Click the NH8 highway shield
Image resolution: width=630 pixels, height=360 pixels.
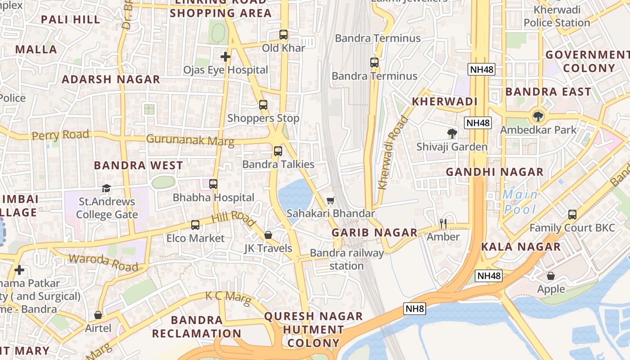(x=415, y=309)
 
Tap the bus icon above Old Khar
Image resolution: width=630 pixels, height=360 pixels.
(x=283, y=35)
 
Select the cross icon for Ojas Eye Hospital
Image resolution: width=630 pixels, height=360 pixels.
(x=225, y=57)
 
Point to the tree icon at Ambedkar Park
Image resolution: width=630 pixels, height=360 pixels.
(x=538, y=117)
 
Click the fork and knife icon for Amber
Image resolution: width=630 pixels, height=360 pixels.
(x=443, y=223)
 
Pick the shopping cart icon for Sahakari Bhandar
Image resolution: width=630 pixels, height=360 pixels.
(x=331, y=200)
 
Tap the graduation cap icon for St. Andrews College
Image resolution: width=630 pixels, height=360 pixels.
(x=106, y=188)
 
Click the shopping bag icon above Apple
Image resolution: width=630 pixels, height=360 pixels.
(x=551, y=275)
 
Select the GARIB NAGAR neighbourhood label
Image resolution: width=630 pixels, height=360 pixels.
(x=374, y=233)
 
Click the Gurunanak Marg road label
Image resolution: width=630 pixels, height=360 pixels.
(x=190, y=140)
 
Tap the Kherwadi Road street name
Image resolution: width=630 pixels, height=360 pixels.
(x=392, y=153)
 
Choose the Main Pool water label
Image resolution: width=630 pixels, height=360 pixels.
(x=520, y=202)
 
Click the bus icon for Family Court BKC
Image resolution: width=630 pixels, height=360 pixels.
(x=572, y=214)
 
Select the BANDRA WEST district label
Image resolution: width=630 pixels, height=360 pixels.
(x=139, y=165)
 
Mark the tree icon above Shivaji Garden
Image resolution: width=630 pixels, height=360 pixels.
(x=452, y=133)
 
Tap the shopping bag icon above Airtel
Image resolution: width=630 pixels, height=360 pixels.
(x=98, y=315)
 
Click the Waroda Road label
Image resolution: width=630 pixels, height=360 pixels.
(x=103, y=263)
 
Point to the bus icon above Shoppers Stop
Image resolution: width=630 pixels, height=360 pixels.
(x=263, y=105)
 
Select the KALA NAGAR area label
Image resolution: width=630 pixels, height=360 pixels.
(x=521, y=247)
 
